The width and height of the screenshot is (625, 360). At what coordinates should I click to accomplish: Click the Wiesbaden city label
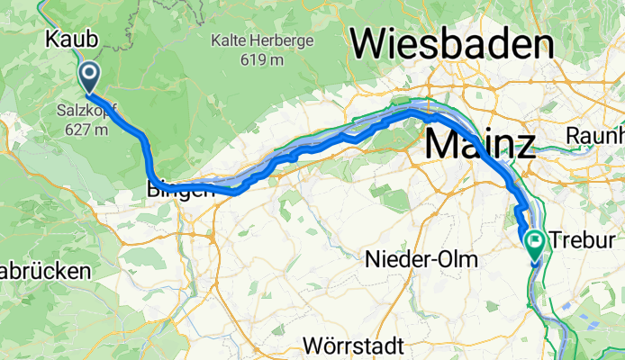[452, 43]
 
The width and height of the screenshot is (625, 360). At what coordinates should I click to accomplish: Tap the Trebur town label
[576, 241]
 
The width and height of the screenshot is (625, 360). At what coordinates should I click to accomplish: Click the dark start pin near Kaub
[90, 76]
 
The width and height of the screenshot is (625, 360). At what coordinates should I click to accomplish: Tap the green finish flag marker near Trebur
[535, 242]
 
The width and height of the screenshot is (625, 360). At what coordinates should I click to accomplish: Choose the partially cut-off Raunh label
[596, 135]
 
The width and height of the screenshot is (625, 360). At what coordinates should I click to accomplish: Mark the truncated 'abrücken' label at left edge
[45, 271]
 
